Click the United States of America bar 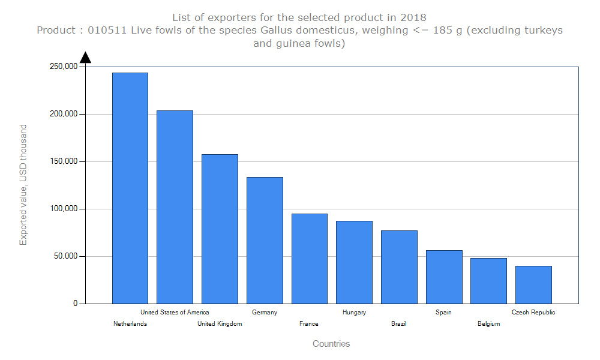[175, 207]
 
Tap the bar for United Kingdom [220, 229]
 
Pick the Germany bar [265, 240]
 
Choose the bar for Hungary [354, 262]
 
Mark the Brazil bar [399, 267]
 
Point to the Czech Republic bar [533, 284]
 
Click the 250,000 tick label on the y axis [63, 67]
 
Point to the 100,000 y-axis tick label [63, 209]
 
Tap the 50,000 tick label [65, 256]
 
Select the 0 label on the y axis [76, 304]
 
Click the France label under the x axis [309, 324]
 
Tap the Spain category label [443, 312]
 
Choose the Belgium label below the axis [488, 324]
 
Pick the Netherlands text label [130, 324]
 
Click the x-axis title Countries [331, 344]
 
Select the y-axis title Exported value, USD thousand [23, 185]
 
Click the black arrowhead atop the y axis [85, 58]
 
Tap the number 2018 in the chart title [413, 17]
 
